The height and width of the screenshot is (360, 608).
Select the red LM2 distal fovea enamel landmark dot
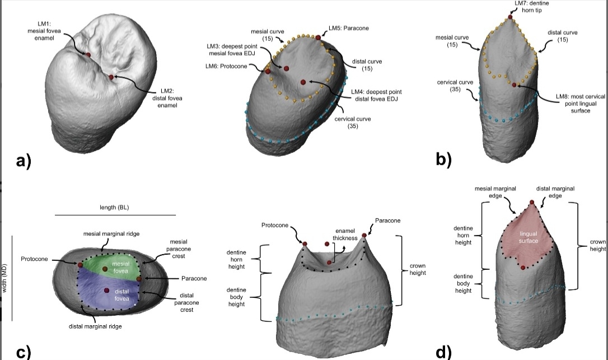(x=112, y=77)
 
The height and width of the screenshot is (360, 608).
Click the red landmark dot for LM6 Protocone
(x=268, y=71)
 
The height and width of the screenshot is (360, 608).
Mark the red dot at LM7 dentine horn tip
(x=510, y=18)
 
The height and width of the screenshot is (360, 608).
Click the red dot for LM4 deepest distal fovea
(x=303, y=82)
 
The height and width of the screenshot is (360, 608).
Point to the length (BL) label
(x=115, y=207)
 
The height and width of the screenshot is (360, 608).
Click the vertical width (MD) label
(x=6, y=278)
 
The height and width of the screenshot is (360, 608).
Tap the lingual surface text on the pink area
(x=529, y=237)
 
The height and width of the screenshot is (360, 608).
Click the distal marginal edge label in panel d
(x=555, y=192)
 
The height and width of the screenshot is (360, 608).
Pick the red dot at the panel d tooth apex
(x=531, y=202)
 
